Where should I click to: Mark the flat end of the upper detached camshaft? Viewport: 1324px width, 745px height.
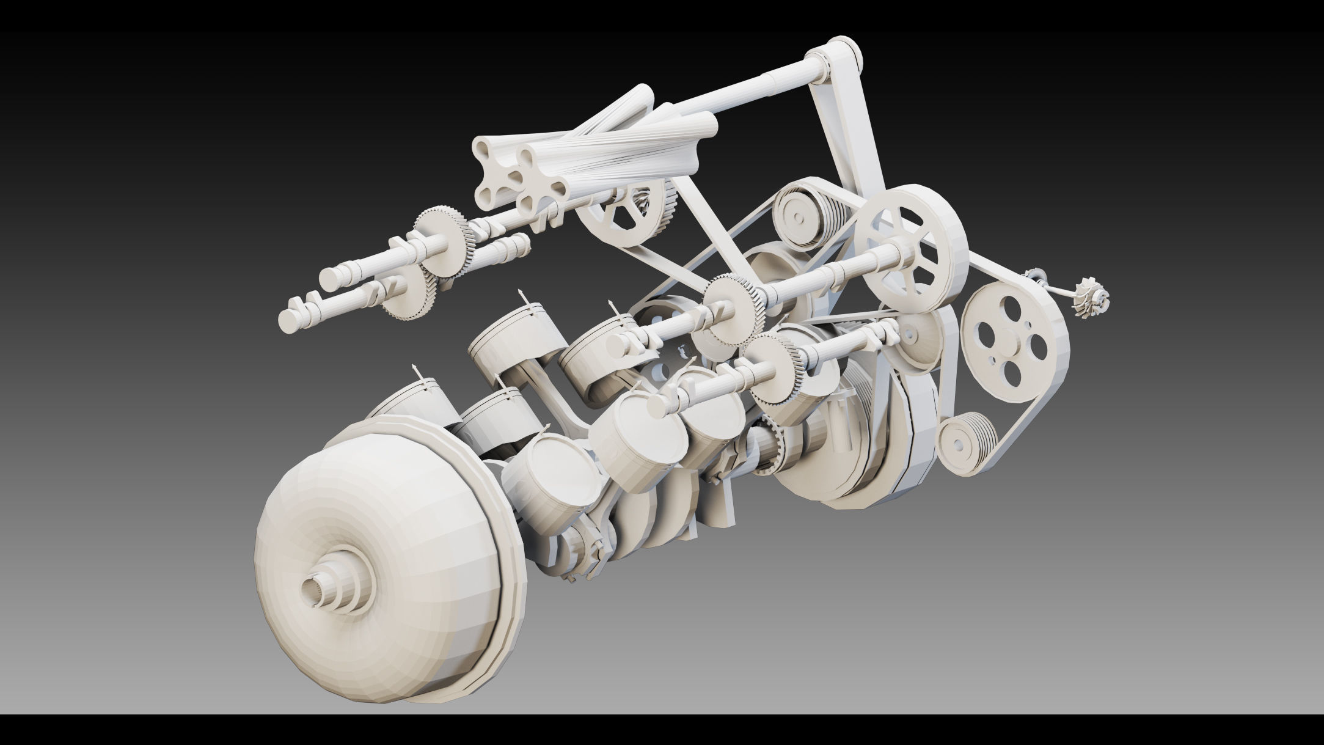(x=330, y=278)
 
